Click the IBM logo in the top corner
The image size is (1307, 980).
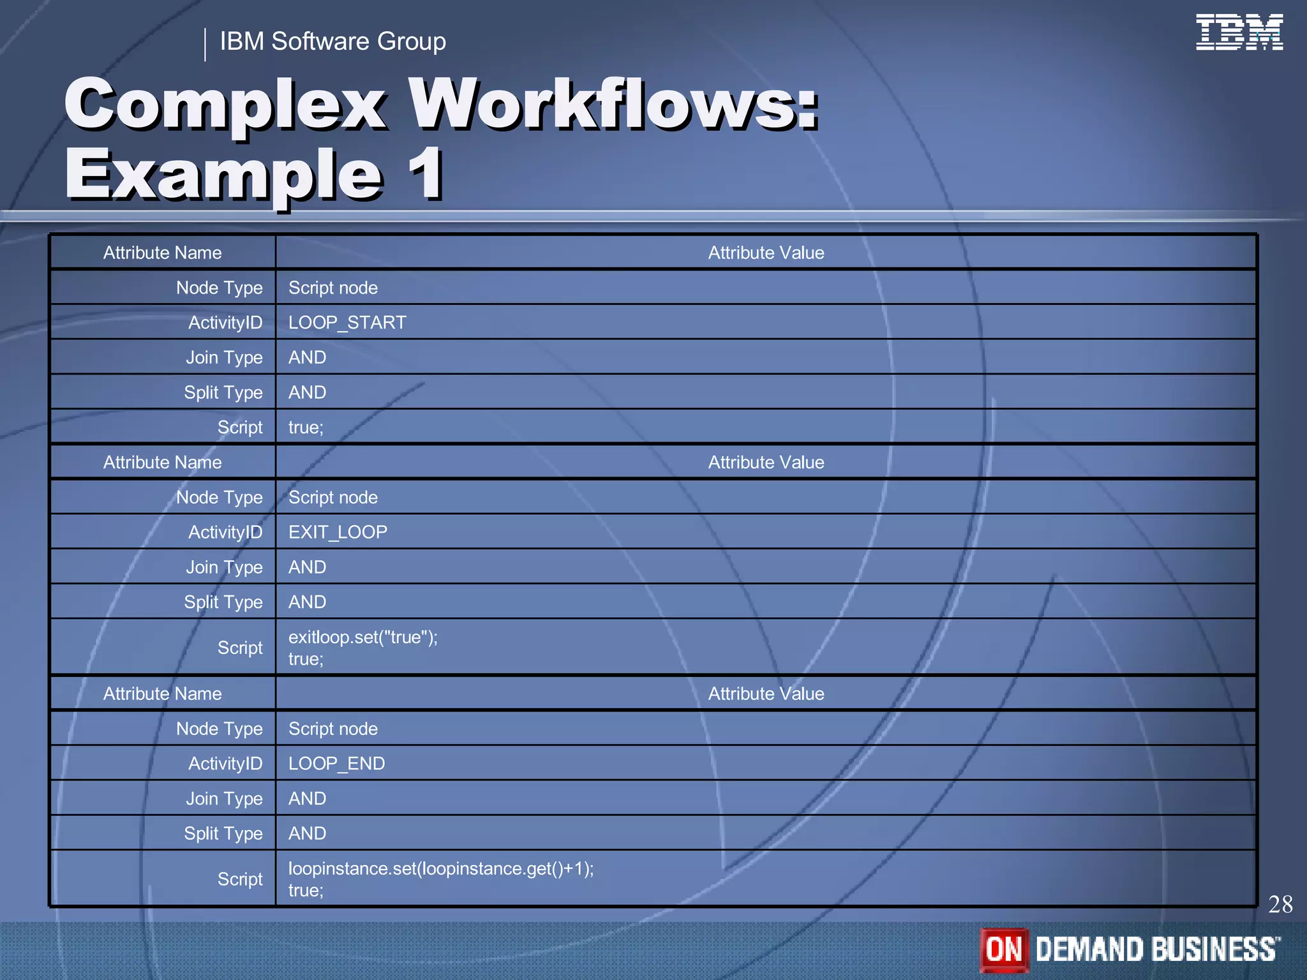coord(1239,32)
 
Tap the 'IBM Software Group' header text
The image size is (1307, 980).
coord(332,41)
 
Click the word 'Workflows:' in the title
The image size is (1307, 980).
coord(613,103)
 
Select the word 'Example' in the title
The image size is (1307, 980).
coord(223,174)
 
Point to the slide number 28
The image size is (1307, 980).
coord(1280,904)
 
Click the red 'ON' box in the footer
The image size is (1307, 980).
coord(1004,949)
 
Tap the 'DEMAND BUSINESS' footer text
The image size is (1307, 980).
coord(1157,949)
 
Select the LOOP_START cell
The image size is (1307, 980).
coord(347,322)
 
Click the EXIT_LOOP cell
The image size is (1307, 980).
coord(338,532)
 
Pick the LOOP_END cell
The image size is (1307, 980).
coord(336,764)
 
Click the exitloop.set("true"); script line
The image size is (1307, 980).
coord(362,637)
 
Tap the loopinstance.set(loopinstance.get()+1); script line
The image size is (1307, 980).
coord(440,869)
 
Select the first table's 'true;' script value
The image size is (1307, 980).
coord(306,427)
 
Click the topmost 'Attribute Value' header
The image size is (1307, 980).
coord(766,253)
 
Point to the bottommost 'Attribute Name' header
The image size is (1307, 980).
coord(162,694)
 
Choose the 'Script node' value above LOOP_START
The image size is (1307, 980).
coord(332,288)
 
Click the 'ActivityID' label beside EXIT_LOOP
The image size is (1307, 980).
coord(225,532)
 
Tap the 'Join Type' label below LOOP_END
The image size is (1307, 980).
coord(224,799)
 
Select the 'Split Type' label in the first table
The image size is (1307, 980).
coord(223,392)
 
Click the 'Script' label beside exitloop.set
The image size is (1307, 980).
coord(239,648)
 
